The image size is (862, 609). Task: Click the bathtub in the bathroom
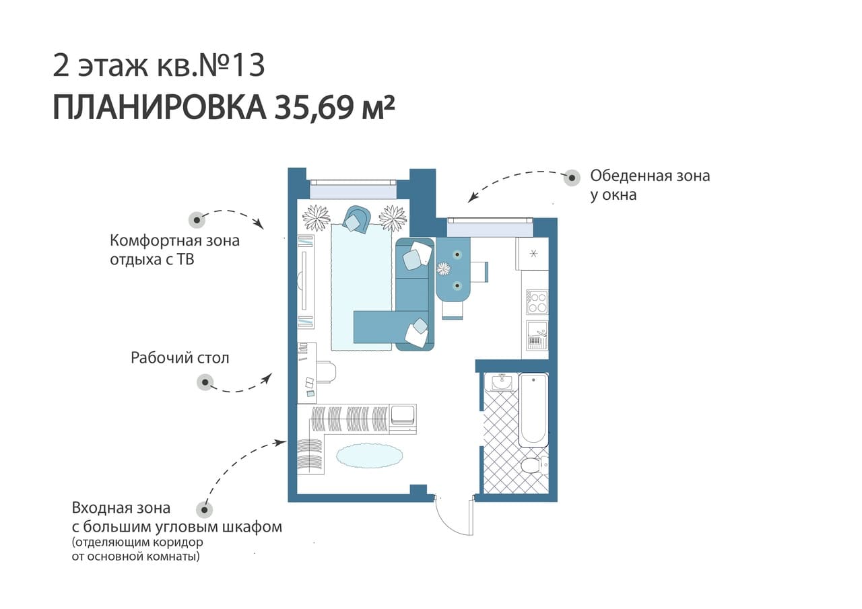[533, 410]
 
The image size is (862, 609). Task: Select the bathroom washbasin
[502, 382]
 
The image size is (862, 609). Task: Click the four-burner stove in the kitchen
[537, 302]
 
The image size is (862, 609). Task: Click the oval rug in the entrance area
[370, 456]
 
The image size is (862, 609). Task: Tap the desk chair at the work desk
[327, 372]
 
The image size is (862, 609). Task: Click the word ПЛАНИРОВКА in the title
[160, 107]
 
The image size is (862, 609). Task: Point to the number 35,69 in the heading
[314, 108]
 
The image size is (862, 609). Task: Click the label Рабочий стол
[180, 358]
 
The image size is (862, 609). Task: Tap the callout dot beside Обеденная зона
[572, 178]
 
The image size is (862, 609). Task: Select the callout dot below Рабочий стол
[205, 382]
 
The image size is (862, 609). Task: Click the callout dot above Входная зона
[204, 510]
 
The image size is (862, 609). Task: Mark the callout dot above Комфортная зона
[197, 220]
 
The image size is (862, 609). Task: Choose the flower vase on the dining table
[444, 268]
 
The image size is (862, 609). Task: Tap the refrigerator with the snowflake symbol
[533, 254]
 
